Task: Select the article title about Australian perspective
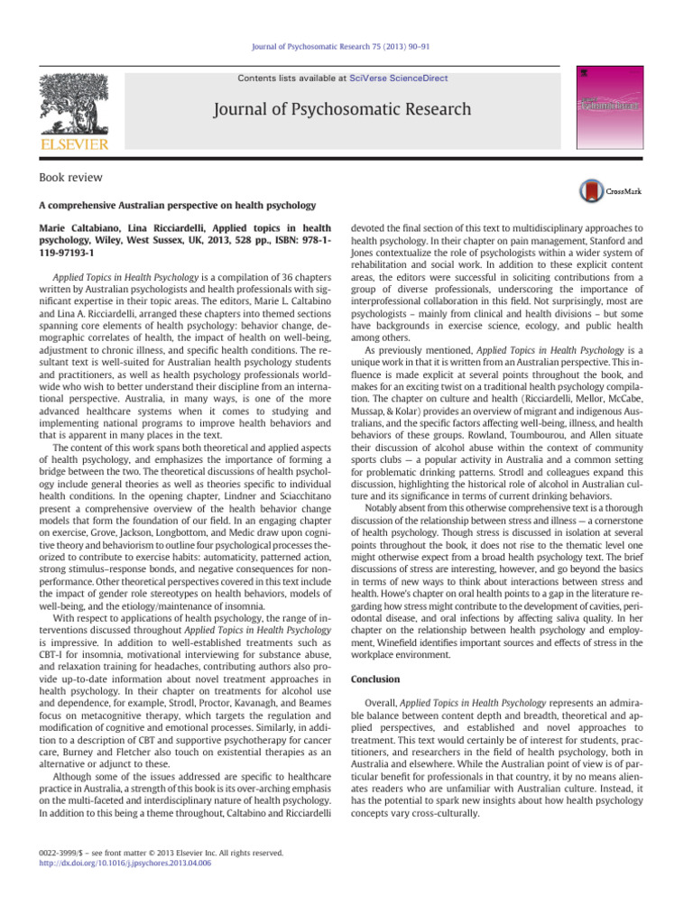click(x=177, y=206)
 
